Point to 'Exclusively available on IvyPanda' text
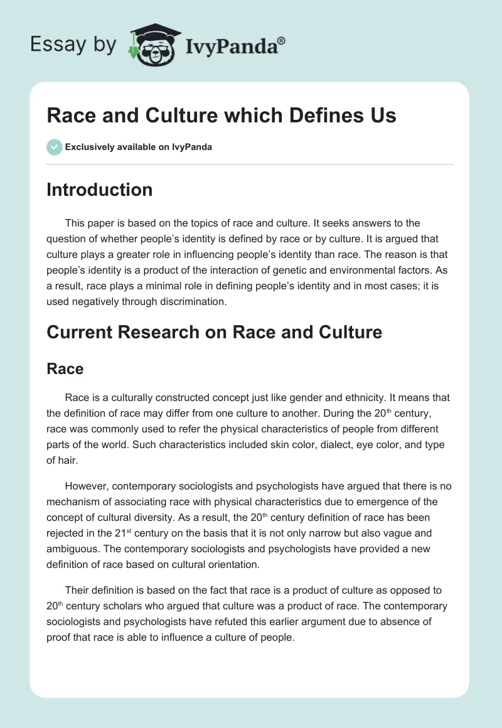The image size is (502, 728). coord(138,147)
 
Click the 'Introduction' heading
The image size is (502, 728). coord(99,190)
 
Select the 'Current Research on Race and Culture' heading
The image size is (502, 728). coord(214,332)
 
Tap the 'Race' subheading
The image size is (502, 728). coord(65,368)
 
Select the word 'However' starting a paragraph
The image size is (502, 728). coord(87,486)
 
